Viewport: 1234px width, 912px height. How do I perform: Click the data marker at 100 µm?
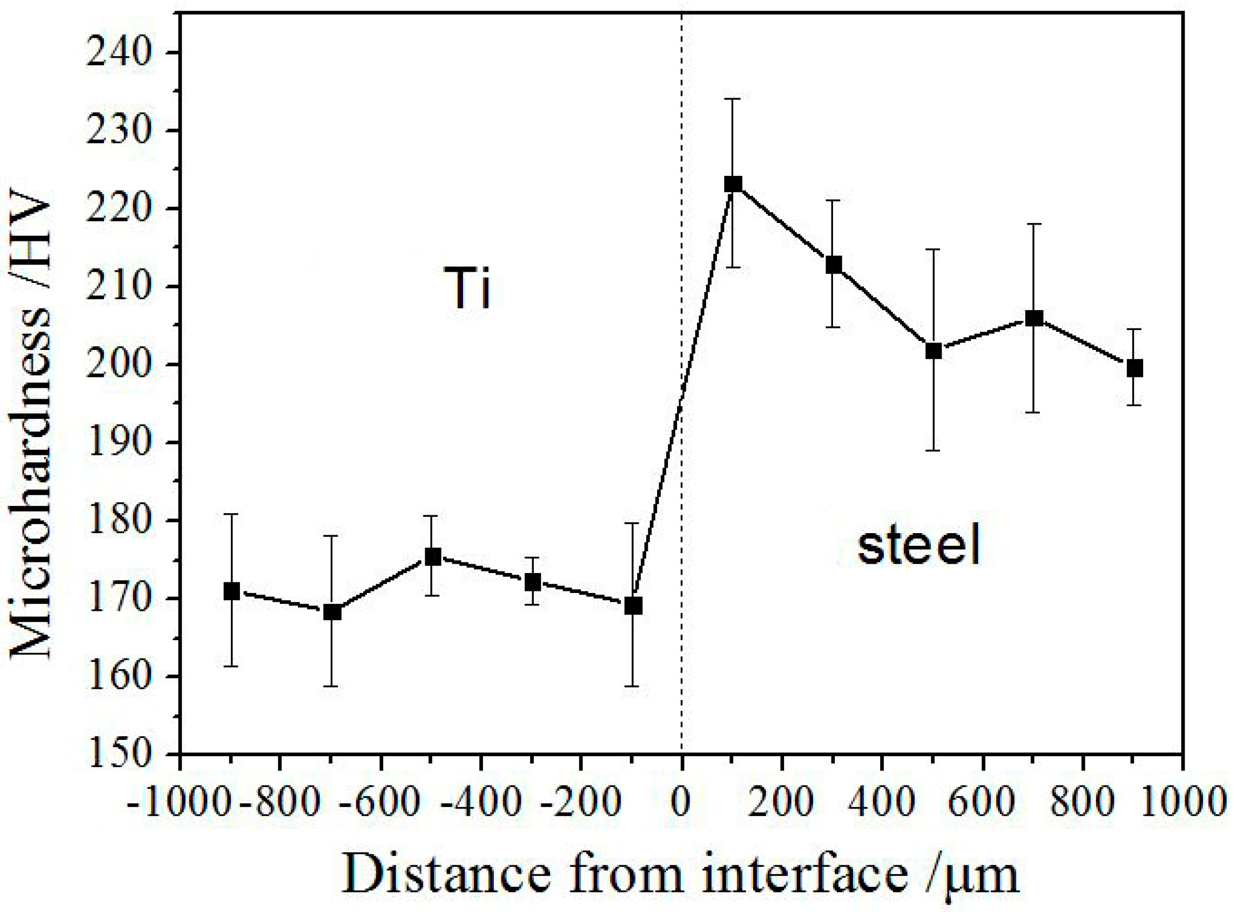[x=733, y=184]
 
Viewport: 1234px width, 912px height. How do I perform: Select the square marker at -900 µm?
[x=231, y=591]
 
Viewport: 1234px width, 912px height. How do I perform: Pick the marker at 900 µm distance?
[x=1134, y=368]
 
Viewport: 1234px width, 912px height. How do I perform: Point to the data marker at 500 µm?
[x=933, y=351]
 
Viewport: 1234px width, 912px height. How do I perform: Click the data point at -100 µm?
[x=634, y=606]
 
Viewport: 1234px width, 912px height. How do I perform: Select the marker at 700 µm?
[x=1033, y=318]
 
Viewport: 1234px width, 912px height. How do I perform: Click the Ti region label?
[x=467, y=288]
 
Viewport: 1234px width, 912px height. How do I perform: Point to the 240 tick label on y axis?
[x=118, y=54]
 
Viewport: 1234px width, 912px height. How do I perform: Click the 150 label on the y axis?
[x=118, y=754]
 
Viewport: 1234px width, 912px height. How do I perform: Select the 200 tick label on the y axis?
[x=118, y=365]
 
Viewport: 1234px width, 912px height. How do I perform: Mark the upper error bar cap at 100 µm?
[x=733, y=99]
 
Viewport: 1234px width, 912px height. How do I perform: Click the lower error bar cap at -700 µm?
[x=331, y=686]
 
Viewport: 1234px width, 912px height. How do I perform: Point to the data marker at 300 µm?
[x=833, y=265]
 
